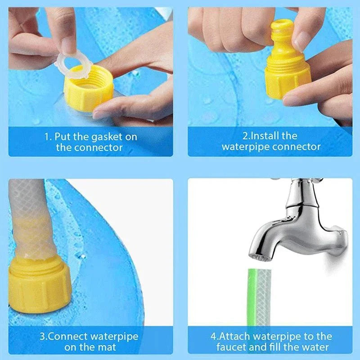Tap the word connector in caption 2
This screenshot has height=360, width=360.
pos(298,147)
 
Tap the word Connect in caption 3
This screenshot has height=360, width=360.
pos(72,336)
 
